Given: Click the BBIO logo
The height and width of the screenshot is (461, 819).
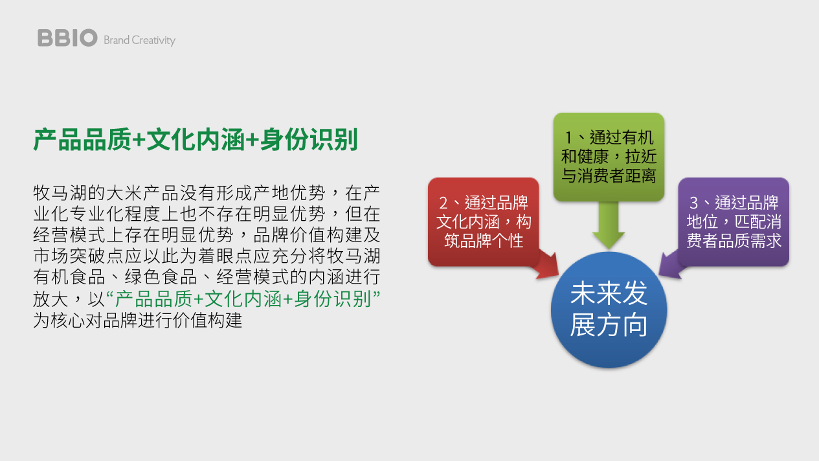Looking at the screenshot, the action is click(67, 38).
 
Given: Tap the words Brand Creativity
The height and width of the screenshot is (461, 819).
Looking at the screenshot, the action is click(139, 40).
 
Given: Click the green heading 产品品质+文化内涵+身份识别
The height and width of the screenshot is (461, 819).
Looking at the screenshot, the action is click(196, 139).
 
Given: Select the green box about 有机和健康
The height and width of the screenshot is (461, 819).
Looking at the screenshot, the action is click(609, 157).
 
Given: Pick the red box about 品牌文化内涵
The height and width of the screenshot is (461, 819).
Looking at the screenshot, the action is click(483, 221).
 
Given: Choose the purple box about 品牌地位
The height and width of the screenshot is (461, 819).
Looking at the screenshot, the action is click(734, 221).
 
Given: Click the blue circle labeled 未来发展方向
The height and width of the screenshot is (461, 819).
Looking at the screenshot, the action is click(609, 309).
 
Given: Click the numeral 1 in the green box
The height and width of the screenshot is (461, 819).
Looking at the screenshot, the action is click(568, 138).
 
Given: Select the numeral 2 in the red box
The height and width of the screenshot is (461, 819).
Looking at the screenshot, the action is click(443, 203).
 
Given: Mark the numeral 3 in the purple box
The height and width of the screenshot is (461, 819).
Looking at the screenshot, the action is click(693, 203).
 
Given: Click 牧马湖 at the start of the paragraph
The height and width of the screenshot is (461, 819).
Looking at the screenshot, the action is click(60, 193).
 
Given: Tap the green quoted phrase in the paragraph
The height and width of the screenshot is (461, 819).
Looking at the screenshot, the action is click(243, 298).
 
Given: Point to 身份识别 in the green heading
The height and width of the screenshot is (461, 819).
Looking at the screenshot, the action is click(309, 139).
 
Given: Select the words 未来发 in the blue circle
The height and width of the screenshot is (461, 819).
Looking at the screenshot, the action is click(609, 293).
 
